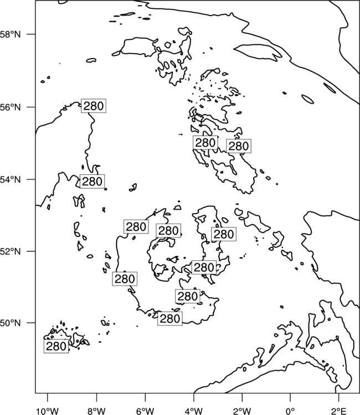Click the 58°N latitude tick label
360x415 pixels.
pyautogui.click(x=11, y=34)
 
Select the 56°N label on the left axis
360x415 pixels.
pyautogui.click(x=11, y=107)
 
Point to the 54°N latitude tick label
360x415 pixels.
pyautogui.click(x=11, y=179)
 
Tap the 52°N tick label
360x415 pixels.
pyautogui.click(x=11, y=251)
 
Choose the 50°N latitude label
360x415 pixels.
pyautogui.click(x=11, y=323)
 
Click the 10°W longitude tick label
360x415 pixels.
pyautogui.click(x=48, y=411)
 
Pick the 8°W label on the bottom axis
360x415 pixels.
pyautogui.click(x=96, y=411)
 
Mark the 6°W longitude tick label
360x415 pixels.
pyautogui.click(x=145, y=411)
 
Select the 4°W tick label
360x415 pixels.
pyautogui.click(x=194, y=411)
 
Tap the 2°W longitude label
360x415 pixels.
pyautogui.click(x=242, y=411)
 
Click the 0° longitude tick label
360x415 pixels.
pyautogui.click(x=291, y=411)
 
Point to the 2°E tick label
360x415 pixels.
pyautogui.click(x=339, y=411)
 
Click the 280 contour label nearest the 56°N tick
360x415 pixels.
pyautogui.click(x=94, y=106)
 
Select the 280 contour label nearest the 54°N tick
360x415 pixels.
pyautogui.click(x=92, y=181)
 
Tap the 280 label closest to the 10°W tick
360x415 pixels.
pyautogui.click(x=56, y=346)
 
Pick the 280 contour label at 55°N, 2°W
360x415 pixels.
pyautogui.click(x=239, y=146)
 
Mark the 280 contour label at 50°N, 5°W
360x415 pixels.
pyautogui.click(x=170, y=318)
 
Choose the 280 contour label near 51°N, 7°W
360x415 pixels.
pyautogui.click(x=125, y=279)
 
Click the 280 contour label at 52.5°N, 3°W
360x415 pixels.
pyautogui.click(x=224, y=234)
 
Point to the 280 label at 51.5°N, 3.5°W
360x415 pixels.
pyautogui.click(x=204, y=267)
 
